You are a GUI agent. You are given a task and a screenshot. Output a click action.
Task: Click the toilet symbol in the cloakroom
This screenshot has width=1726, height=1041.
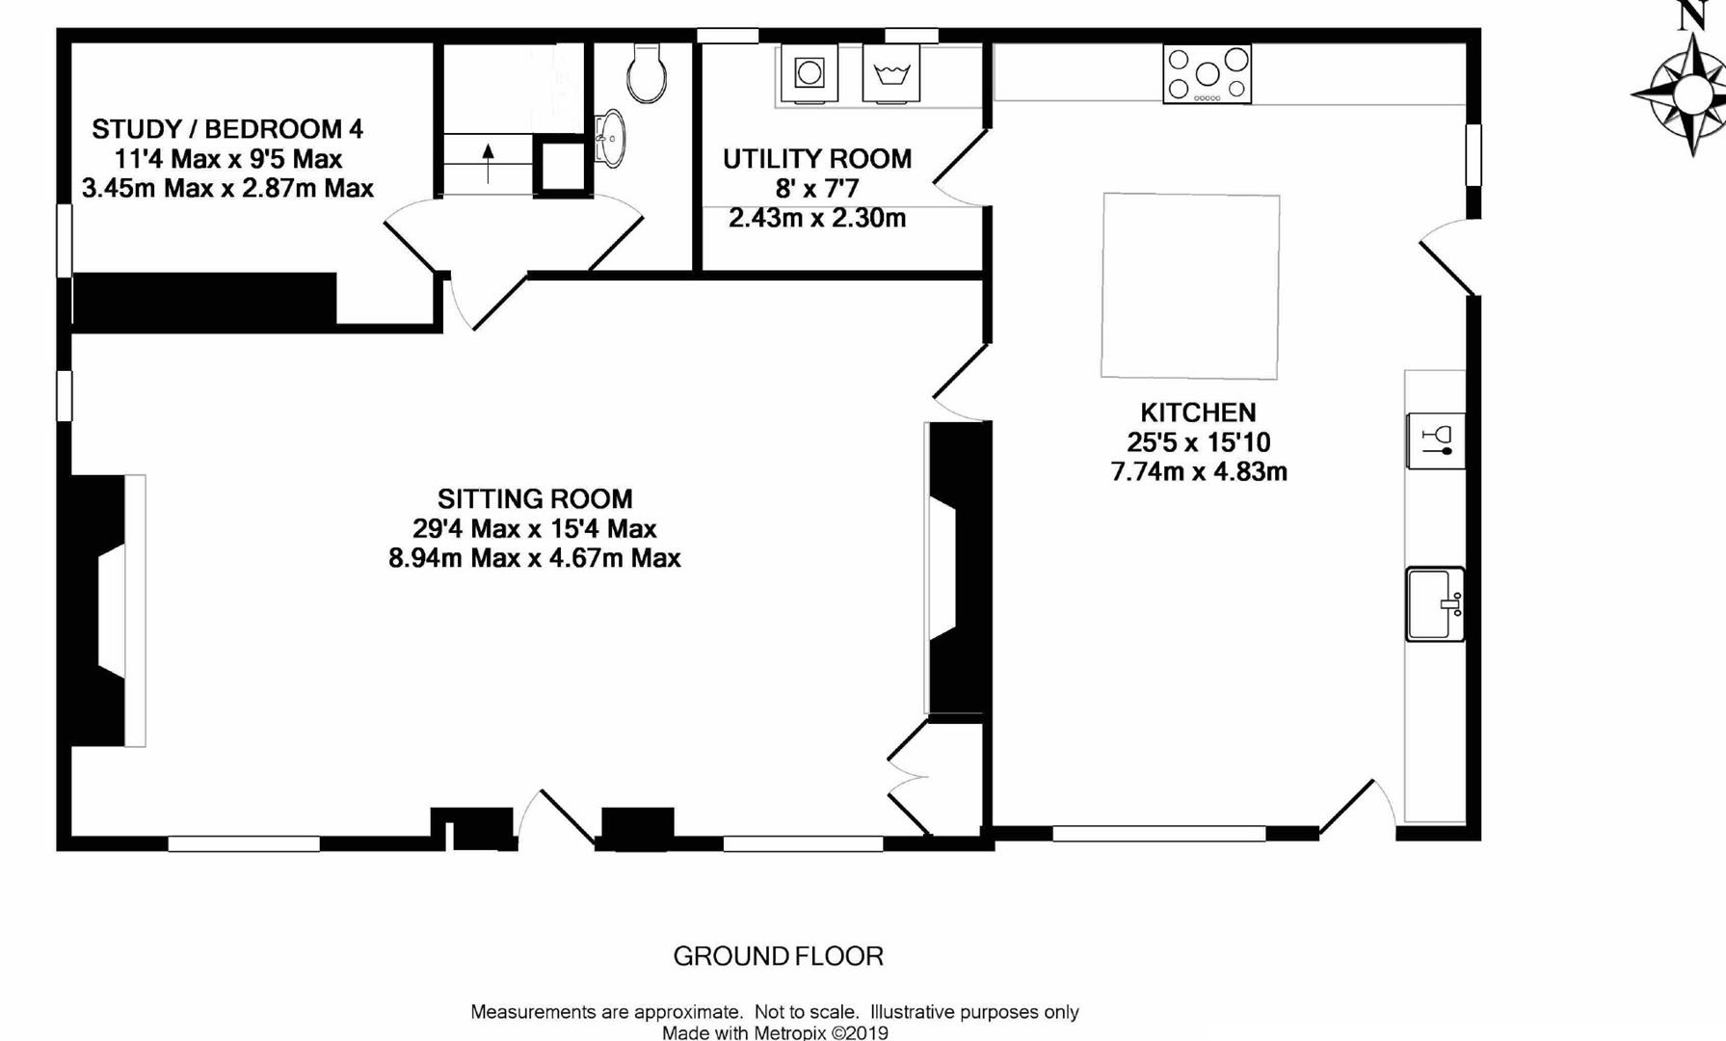(646, 72)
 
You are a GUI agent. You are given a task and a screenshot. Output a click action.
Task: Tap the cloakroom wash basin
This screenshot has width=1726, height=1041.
(609, 138)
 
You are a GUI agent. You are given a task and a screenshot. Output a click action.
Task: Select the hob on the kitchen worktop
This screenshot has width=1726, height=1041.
(1207, 74)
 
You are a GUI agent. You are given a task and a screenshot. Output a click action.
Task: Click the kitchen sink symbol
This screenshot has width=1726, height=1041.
(1435, 604)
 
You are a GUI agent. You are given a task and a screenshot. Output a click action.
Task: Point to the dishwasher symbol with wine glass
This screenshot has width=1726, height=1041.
(1436, 441)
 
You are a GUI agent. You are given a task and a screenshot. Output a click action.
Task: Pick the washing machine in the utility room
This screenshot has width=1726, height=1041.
(810, 73)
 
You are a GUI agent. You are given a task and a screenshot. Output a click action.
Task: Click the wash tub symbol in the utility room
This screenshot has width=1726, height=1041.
(891, 73)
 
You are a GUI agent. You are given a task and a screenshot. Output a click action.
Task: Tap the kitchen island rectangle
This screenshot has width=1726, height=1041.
(1191, 285)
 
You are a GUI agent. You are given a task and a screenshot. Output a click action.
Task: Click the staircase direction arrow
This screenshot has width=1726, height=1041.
(489, 163)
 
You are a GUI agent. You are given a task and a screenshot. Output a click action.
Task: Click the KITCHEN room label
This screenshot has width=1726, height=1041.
(1198, 413)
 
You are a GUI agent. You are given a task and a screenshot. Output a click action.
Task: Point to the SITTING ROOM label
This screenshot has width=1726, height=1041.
(535, 499)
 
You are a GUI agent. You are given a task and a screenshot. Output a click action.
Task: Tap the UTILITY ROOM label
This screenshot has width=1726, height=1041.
(817, 159)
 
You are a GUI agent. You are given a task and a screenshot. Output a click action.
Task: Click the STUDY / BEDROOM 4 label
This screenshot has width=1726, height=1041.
(227, 129)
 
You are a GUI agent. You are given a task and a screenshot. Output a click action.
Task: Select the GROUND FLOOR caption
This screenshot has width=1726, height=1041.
(778, 956)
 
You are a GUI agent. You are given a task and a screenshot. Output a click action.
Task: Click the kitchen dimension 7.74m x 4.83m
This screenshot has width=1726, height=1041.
(1199, 472)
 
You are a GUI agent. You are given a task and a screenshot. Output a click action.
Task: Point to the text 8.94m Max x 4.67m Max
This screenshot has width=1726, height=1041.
(535, 558)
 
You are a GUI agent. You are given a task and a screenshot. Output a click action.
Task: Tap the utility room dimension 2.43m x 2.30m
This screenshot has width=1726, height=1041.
(817, 218)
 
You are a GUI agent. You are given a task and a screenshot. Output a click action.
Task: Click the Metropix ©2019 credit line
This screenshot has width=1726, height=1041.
(775, 1032)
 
